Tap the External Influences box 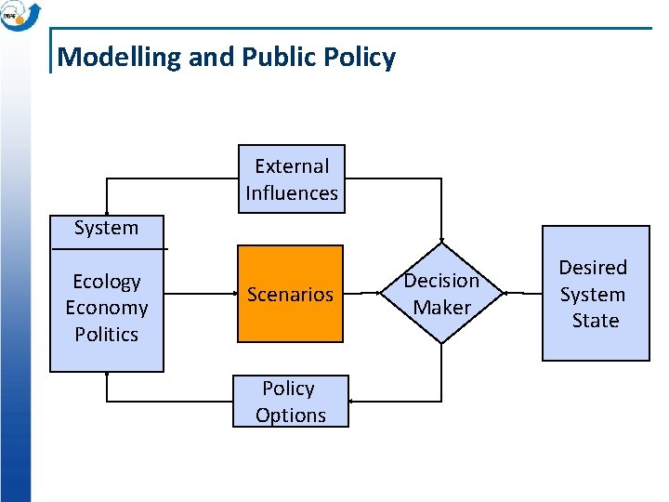tap(292, 179)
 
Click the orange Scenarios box tap(290, 294)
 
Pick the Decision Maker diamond tap(441, 294)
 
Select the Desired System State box tap(595, 294)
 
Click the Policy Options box tap(290, 402)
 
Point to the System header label tap(106, 228)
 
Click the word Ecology tap(106, 282)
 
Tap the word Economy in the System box tap(106, 308)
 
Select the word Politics tap(106, 334)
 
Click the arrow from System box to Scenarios tap(200, 294)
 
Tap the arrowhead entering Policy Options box tap(354, 402)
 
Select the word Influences tap(292, 193)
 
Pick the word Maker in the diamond tap(441, 308)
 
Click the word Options tap(291, 416)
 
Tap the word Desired tap(593, 268)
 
